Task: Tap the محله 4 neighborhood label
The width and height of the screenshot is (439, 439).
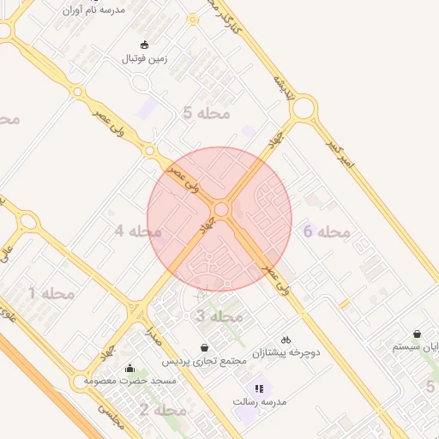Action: pos(138,231)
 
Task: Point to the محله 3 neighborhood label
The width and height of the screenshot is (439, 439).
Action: pos(219,316)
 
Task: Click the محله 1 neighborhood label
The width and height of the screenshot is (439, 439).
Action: pos(51,293)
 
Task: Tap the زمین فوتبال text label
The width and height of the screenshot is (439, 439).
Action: pos(144,59)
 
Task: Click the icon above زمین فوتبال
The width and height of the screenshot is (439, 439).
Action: pos(144,45)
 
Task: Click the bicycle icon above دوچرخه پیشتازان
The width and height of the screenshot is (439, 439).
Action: pos(286,339)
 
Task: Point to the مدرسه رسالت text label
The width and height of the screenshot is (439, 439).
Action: pos(259,401)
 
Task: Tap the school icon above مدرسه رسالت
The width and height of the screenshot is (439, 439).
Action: pos(259,388)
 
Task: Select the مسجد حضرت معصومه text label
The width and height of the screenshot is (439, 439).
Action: pos(130,380)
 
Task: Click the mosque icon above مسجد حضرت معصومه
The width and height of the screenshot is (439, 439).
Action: pos(129,368)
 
